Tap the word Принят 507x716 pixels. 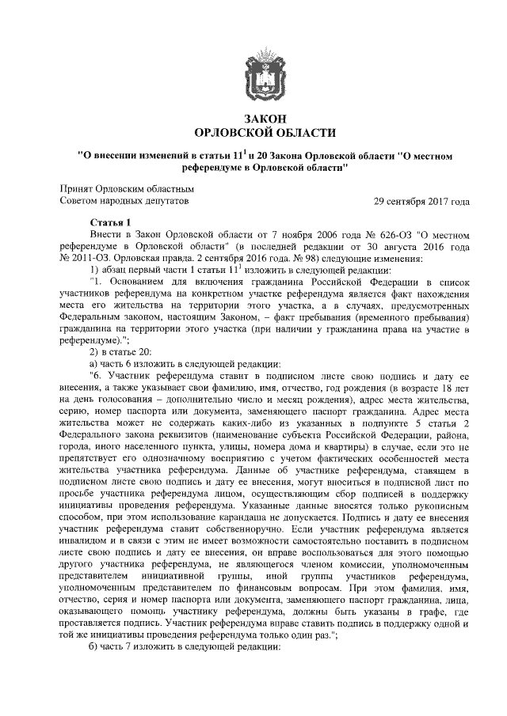[77, 189]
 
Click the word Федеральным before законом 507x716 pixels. [97, 316]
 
